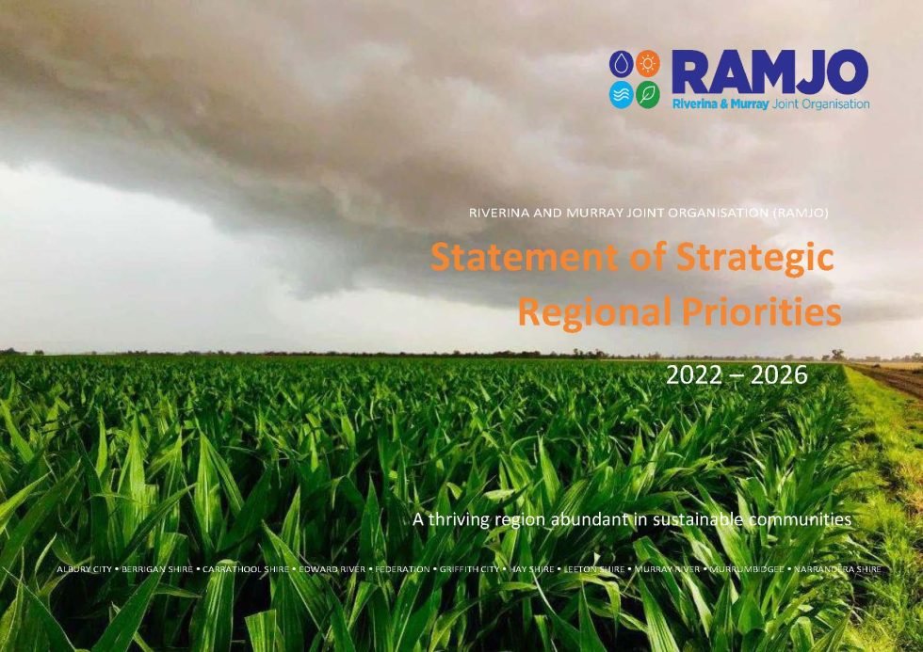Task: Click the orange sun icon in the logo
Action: click(x=647, y=63)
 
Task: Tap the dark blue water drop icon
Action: click(x=622, y=63)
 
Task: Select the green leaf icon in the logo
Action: click(x=647, y=95)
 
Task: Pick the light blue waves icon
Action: click(x=622, y=95)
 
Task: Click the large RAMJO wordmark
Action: click(x=769, y=72)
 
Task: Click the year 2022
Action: click(x=695, y=374)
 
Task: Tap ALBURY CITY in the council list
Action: click(x=84, y=569)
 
